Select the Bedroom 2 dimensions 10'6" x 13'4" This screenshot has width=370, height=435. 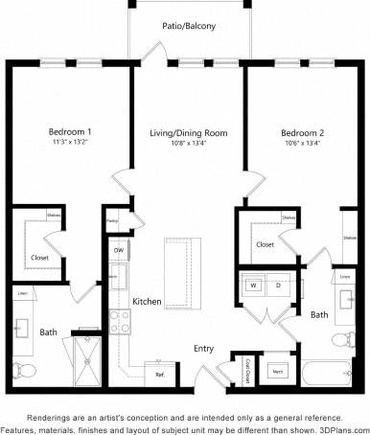[x=304, y=142]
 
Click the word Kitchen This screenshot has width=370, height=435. [x=147, y=301]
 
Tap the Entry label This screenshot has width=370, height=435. [x=203, y=348]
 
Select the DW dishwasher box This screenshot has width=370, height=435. [x=119, y=252]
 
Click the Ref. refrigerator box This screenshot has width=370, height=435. [x=159, y=374]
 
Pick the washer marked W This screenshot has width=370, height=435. [x=255, y=285]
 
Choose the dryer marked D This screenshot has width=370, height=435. [x=278, y=285]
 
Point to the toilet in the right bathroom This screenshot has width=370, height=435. [x=340, y=341]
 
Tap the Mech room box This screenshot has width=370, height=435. [x=278, y=370]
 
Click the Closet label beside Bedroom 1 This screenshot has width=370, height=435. [x=40, y=257]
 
